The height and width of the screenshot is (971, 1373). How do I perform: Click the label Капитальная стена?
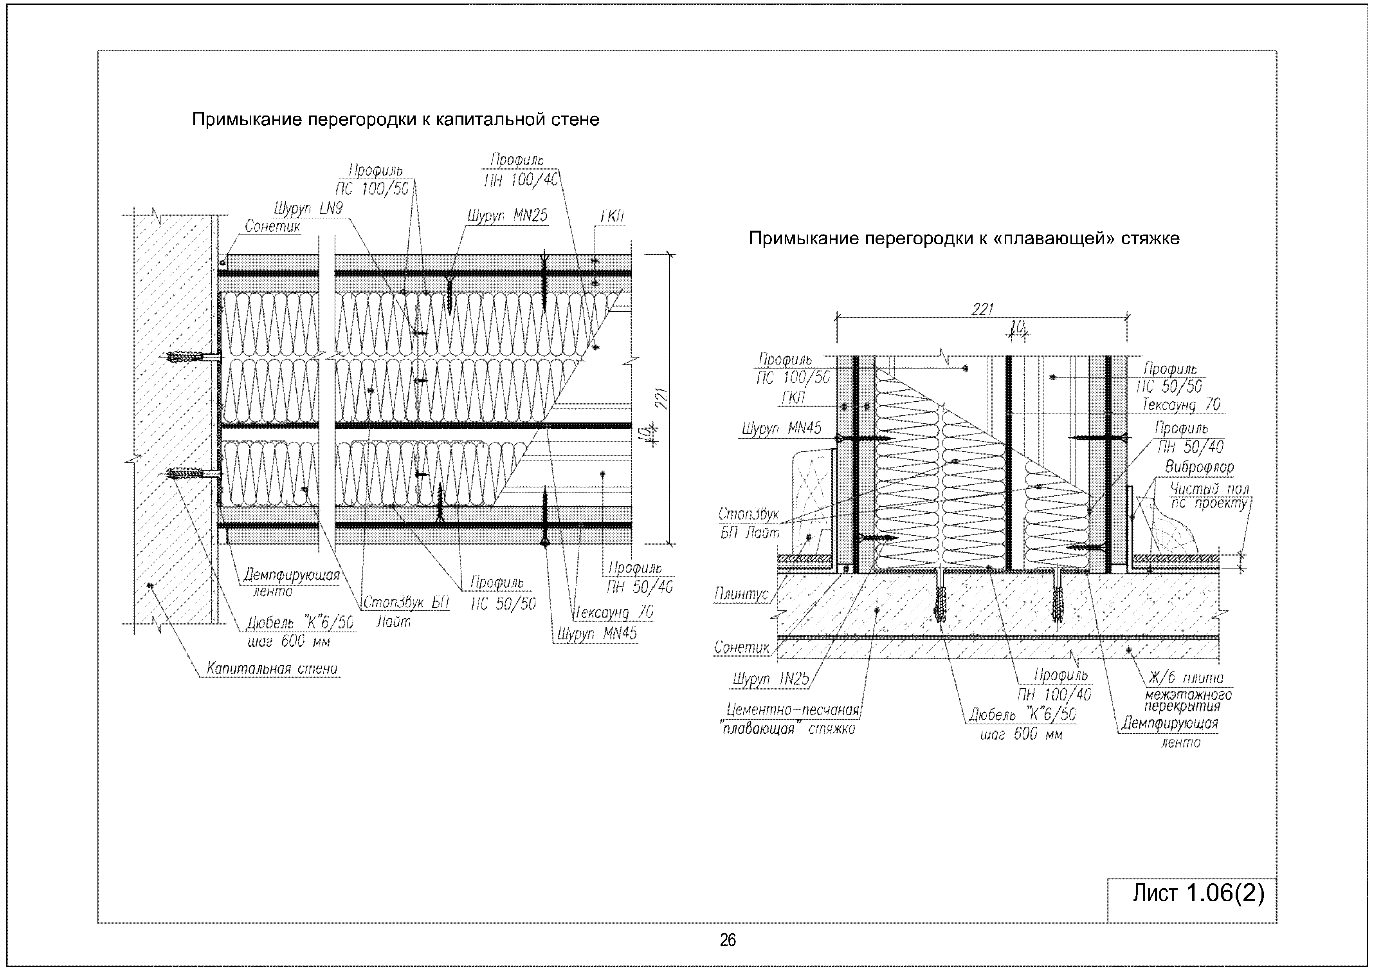pyautogui.click(x=272, y=668)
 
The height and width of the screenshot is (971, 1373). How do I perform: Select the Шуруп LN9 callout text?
pyautogui.click(x=308, y=209)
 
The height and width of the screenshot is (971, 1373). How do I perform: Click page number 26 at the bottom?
pyautogui.click(x=728, y=940)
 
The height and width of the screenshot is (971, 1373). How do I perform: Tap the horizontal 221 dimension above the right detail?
pyautogui.click(x=982, y=309)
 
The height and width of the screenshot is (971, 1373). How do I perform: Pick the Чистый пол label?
pyautogui.click(x=1209, y=489)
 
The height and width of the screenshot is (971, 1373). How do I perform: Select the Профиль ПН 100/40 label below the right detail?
pyautogui.click(x=1054, y=685)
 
